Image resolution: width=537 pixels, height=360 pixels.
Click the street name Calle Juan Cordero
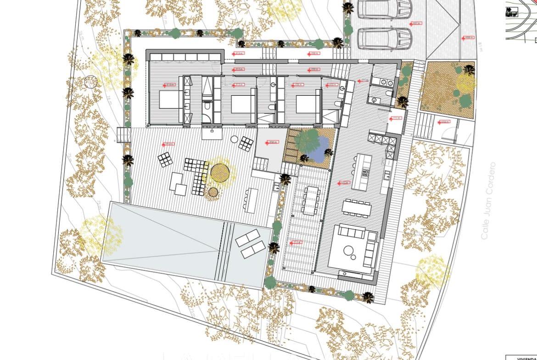(x=490, y=200)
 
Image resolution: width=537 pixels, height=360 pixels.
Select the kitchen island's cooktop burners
(x=366, y=173)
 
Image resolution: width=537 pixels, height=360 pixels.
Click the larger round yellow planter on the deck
(x=220, y=172)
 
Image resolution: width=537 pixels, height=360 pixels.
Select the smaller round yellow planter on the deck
(x=213, y=193)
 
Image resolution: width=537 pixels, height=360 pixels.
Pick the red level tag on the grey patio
(x=272, y=143)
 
